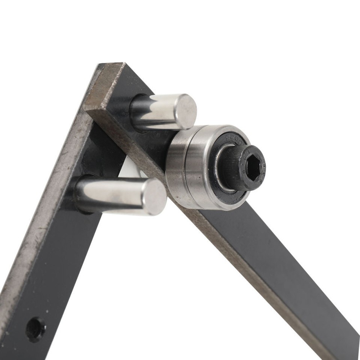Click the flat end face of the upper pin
pos(186,111)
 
